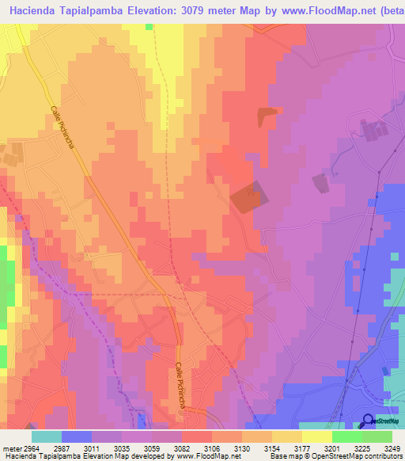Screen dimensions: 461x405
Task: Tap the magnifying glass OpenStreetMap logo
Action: (368, 421)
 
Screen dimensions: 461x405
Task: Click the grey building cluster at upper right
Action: (370, 132)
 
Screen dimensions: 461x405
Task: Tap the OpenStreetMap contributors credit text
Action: (357, 455)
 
